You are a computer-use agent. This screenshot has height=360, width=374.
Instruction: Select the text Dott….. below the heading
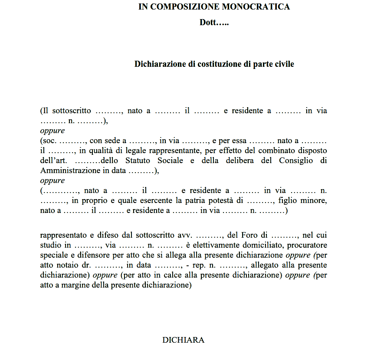pyautogui.click(x=214, y=23)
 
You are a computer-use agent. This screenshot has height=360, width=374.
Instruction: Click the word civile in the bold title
pyautogui.click(x=284, y=64)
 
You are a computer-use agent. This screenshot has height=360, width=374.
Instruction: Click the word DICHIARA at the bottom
pyautogui.click(x=183, y=340)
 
